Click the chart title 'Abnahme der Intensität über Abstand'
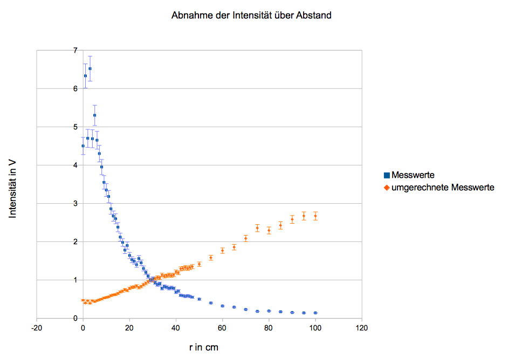[x=251, y=16]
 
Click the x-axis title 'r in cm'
[x=204, y=348]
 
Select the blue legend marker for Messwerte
[x=387, y=176]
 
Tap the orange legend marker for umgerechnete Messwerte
[x=387, y=188]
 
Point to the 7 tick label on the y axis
[x=75, y=51]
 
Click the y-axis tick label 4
[x=75, y=165]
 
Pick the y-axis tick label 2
[x=75, y=242]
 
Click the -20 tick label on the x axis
[x=36, y=328]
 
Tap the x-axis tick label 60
[x=222, y=328]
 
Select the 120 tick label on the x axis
[x=362, y=328]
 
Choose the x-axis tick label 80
[x=269, y=328]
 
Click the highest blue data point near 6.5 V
[x=90, y=68]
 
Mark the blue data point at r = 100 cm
[x=315, y=313]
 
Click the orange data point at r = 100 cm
[x=315, y=216]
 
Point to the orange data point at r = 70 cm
[x=245, y=238]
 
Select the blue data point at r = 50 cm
[x=199, y=299]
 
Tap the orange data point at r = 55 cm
[x=211, y=258]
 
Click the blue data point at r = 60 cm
[x=222, y=306]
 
